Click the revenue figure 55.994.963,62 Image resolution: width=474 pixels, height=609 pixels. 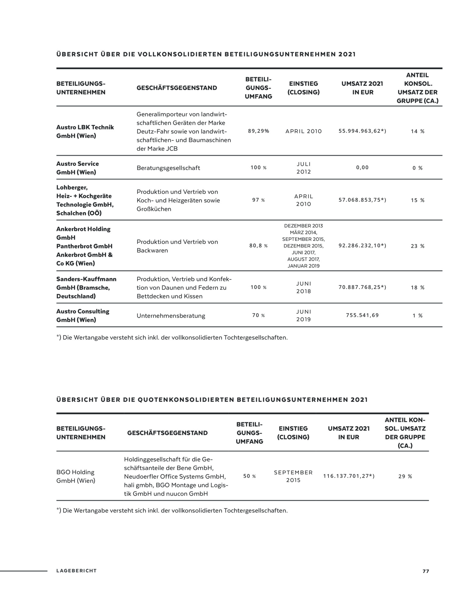click(x=362, y=131)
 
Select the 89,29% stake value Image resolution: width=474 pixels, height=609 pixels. click(x=258, y=131)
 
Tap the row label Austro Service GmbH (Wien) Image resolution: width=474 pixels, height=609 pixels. click(x=77, y=168)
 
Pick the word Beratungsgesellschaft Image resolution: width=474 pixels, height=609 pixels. click(x=168, y=168)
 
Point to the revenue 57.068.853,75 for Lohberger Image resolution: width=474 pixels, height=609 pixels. click(x=362, y=200)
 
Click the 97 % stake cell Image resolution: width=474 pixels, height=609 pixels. click(x=258, y=200)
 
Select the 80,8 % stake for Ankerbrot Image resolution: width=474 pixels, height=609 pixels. click(x=258, y=246)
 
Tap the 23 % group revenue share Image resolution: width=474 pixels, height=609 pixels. click(x=418, y=246)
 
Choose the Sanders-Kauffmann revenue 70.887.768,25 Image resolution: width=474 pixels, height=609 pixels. click(x=362, y=287)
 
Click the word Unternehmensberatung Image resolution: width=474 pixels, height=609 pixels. click(x=171, y=316)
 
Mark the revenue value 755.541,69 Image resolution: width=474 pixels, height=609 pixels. click(x=362, y=315)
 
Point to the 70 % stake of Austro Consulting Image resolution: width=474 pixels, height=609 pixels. click(x=258, y=315)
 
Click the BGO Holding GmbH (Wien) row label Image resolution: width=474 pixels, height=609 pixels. click(x=76, y=476)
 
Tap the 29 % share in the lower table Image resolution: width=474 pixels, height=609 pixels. click(x=405, y=477)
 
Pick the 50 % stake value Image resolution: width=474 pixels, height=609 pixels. click(x=249, y=476)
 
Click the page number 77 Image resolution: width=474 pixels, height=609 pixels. click(x=426, y=571)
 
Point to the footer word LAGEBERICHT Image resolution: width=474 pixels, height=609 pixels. click(x=76, y=571)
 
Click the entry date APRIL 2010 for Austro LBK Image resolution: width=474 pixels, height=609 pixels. click(x=304, y=131)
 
